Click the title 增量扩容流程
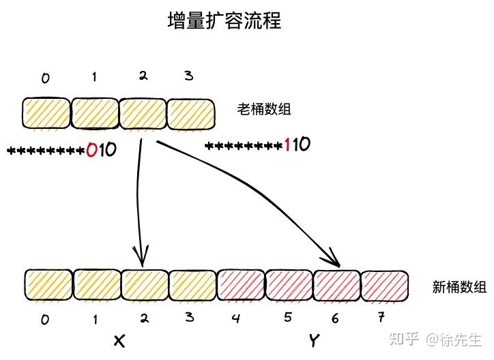tap(224, 20)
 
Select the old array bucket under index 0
tap(46, 113)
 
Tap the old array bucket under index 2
tap(143, 113)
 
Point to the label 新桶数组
tap(459, 287)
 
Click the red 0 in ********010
tap(92, 150)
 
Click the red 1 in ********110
tap(288, 145)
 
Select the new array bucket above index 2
tap(144, 285)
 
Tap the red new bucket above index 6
tap(336, 286)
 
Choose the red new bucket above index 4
tap(240, 286)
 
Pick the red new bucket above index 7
tap(384, 286)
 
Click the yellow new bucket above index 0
tap(48, 285)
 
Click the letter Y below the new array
tap(313, 339)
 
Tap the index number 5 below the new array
tap(287, 317)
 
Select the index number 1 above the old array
tap(94, 77)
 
